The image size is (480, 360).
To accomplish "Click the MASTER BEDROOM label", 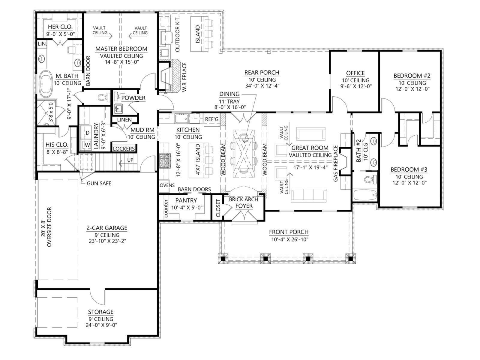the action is [x=121, y=49].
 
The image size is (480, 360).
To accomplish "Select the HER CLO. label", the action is [x=60, y=27].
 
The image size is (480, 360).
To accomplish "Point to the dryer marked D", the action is [x=88, y=133].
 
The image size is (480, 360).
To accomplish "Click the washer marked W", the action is [x=88, y=145].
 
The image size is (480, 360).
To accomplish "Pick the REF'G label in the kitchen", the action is [x=212, y=119].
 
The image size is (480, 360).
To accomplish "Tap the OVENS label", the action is [x=167, y=185].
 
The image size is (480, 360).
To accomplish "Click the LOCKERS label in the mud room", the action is [x=124, y=148].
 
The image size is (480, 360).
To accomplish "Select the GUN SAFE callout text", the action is [x=99, y=183].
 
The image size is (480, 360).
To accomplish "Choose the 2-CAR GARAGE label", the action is [x=107, y=228].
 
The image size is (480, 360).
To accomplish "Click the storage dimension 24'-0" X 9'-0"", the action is [x=101, y=325].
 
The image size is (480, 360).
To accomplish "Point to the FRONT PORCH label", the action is [x=289, y=232].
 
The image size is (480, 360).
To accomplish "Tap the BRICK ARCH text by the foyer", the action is [x=243, y=199].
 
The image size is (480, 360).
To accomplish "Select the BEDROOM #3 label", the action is [x=409, y=169].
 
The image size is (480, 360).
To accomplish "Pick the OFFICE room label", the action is [x=355, y=73].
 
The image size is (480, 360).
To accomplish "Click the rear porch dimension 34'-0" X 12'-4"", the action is [x=262, y=86].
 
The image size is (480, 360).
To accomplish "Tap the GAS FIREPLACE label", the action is [x=336, y=163].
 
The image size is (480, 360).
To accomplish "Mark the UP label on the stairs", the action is [x=130, y=160].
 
